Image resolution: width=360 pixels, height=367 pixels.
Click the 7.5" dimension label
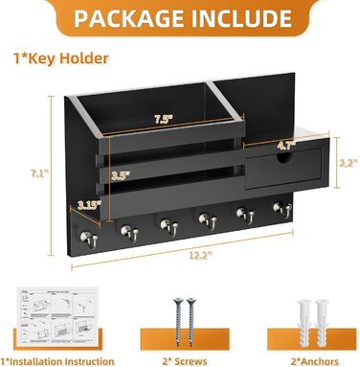[x=164, y=120]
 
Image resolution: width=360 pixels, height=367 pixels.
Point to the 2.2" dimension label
[x=349, y=163]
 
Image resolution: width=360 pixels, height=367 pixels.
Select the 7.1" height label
[x=39, y=174]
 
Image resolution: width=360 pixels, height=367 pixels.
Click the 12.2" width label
[x=201, y=255]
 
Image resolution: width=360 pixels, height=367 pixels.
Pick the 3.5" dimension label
[x=121, y=175]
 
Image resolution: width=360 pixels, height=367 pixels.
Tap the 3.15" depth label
[x=90, y=205]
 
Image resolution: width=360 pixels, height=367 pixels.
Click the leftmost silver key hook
[x=89, y=239]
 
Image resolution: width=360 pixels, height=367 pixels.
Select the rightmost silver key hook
[x=282, y=208]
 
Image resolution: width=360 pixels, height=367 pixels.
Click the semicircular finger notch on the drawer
[x=284, y=157]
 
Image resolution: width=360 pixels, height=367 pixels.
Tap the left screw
[x=178, y=322]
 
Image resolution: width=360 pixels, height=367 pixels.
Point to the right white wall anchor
[x=322, y=323]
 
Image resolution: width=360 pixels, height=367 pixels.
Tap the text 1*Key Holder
[x=61, y=58]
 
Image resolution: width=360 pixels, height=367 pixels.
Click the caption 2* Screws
[x=185, y=361]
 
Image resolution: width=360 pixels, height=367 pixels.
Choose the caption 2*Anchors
[x=315, y=361]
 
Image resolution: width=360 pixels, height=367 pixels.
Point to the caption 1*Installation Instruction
[x=57, y=361]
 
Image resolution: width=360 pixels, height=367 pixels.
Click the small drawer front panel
[x=283, y=168]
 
